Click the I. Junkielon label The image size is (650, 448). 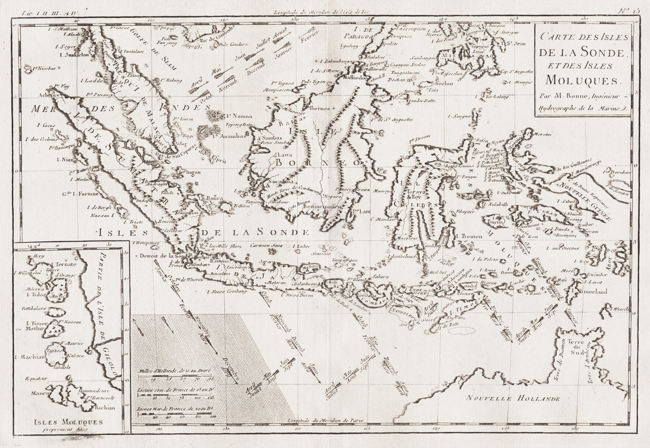click(x=71, y=55)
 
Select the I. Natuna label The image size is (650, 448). click(x=239, y=116)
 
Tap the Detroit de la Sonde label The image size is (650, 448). click(x=160, y=255)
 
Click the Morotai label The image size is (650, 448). click(x=541, y=135)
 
